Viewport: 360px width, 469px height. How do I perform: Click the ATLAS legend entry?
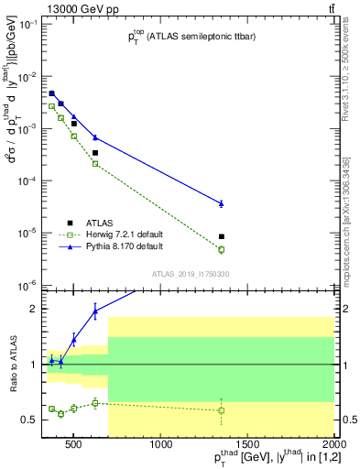tap(100, 222)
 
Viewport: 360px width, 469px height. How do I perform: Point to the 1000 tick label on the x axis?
tap(161, 445)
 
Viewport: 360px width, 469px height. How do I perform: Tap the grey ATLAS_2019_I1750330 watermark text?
tap(190, 273)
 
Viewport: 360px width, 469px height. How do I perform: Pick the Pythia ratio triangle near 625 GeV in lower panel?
tap(95, 311)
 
